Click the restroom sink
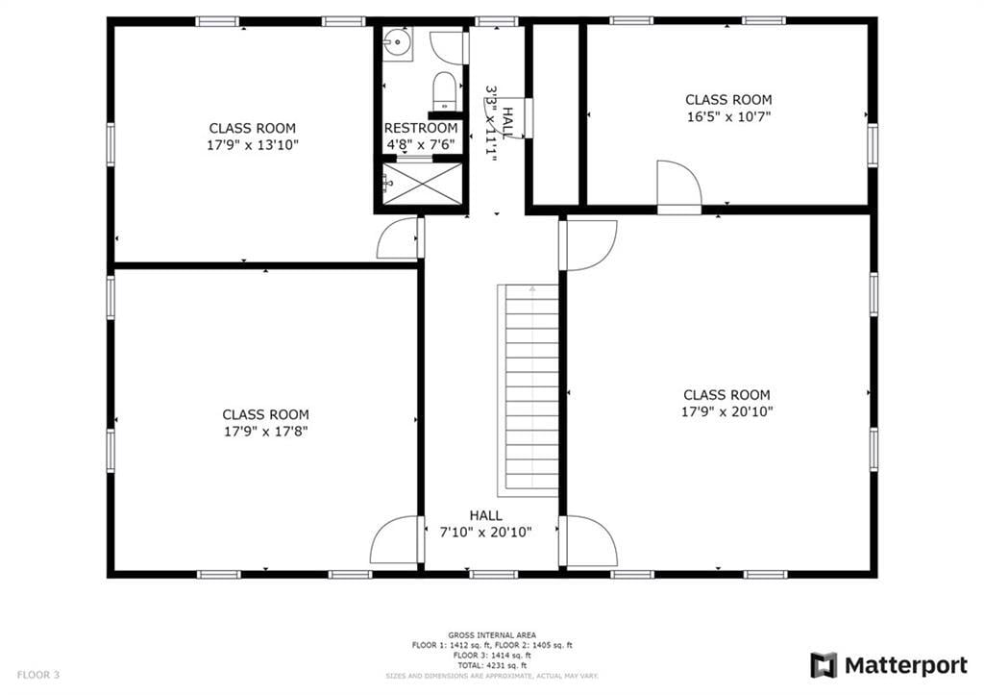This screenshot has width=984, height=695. click(396, 44)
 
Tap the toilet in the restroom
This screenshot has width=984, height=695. click(444, 90)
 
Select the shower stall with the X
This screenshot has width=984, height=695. click(423, 183)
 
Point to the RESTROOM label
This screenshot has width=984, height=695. click(421, 128)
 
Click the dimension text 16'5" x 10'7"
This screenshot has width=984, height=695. click(728, 116)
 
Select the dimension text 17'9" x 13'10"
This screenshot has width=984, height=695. click(253, 145)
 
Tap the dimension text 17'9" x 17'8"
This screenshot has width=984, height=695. click(266, 432)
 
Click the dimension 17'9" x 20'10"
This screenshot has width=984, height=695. click(726, 411)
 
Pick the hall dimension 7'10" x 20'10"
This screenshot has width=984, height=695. click(485, 532)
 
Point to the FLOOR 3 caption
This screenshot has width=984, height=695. click(38, 675)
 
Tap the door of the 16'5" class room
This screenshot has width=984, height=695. click(678, 186)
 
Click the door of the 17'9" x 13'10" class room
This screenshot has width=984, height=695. click(398, 239)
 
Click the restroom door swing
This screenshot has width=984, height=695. click(449, 47)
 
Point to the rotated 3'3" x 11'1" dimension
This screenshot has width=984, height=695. click(492, 123)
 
